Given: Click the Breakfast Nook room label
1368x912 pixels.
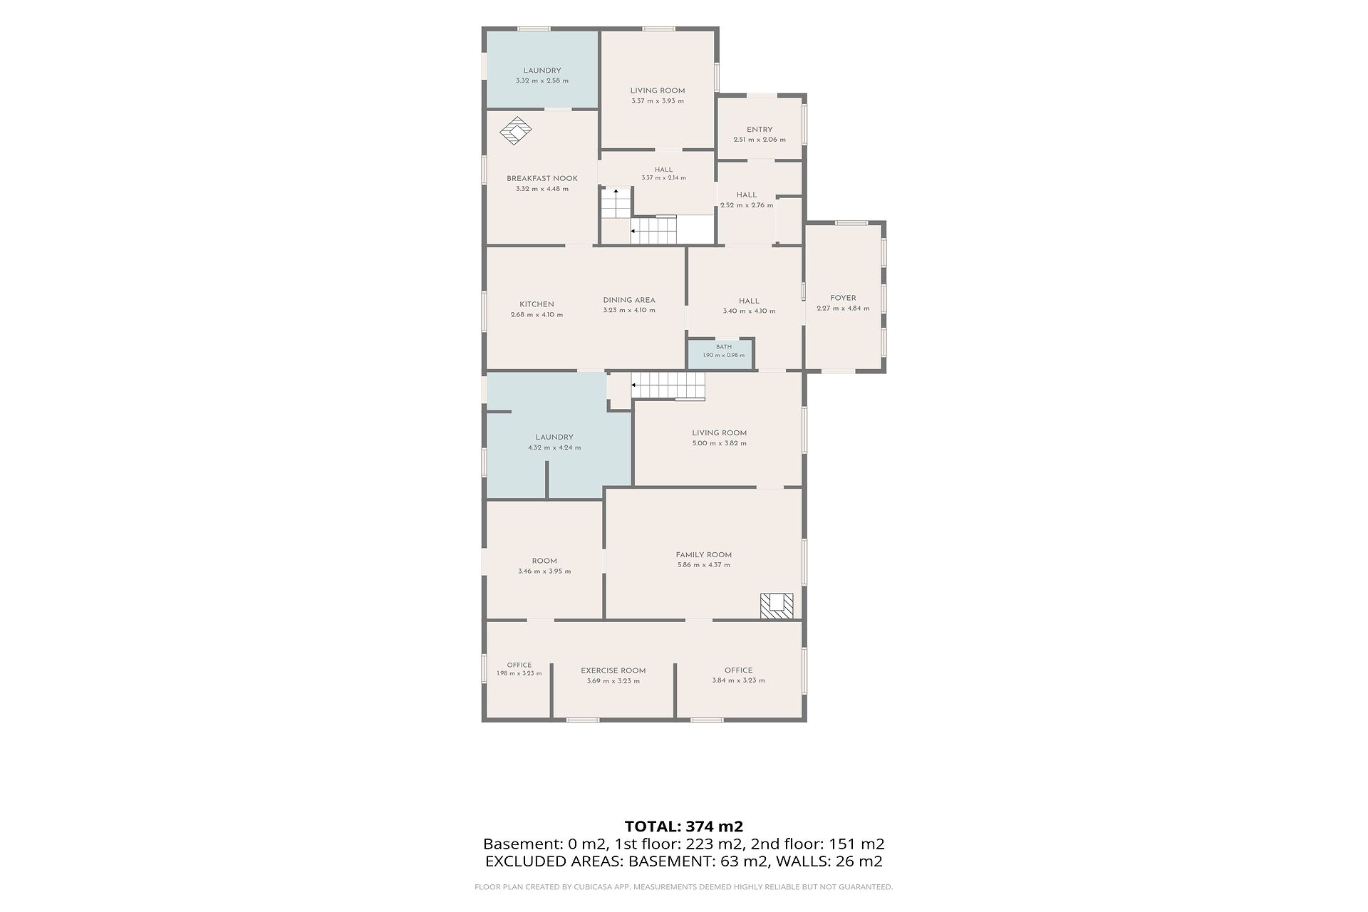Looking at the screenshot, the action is (x=542, y=178).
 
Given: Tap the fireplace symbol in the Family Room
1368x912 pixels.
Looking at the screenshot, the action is (x=776, y=606).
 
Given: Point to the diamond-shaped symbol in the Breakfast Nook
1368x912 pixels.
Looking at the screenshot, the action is (x=516, y=132).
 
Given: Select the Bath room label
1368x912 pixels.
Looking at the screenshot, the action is (x=724, y=347).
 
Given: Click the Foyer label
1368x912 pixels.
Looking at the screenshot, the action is (x=844, y=298).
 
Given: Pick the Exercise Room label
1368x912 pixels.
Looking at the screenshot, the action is (x=613, y=670).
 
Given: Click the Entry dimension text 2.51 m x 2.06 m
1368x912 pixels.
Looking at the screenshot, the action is (x=760, y=140).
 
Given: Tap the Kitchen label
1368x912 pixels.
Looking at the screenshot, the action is (x=537, y=304).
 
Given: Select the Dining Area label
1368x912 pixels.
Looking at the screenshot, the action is (x=629, y=300).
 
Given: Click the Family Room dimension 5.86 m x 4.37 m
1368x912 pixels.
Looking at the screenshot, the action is (x=704, y=565).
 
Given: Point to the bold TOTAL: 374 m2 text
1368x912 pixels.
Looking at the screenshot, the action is (x=684, y=826).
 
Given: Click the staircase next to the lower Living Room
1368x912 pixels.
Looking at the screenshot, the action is (x=668, y=386).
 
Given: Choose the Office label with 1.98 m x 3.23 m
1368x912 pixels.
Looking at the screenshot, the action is (x=519, y=665).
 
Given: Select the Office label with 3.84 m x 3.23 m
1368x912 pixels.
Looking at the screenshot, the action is (x=739, y=670).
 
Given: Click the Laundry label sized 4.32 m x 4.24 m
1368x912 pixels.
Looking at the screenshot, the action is (x=554, y=437).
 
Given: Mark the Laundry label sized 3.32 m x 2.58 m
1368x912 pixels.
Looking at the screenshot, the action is (x=542, y=71).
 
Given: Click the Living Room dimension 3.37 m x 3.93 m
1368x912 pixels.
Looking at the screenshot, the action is (x=658, y=101).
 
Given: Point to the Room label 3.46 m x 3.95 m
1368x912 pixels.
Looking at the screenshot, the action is (x=544, y=561).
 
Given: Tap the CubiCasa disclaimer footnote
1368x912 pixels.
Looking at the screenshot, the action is (x=684, y=887).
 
